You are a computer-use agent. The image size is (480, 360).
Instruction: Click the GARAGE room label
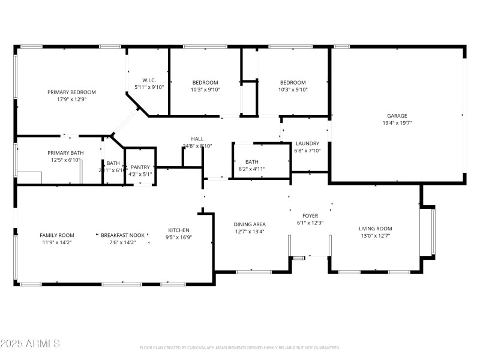[x=397, y=116]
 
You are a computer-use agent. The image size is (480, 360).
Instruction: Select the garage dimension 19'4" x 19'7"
[x=397, y=122]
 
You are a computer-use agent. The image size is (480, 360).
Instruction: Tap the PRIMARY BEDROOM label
[x=72, y=92]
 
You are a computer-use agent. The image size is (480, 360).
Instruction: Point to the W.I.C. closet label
[x=149, y=80]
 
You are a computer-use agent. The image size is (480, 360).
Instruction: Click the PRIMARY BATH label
[x=65, y=153]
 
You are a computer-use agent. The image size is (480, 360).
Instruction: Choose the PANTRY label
[x=140, y=167]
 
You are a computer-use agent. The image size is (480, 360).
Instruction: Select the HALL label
[x=197, y=139]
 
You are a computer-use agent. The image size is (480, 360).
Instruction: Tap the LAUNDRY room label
[x=307, y=143]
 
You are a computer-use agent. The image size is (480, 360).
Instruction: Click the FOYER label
[x=310, y=215]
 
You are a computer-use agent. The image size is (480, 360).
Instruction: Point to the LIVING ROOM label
[x=375, y=229]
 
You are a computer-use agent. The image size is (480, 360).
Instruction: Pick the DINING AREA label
[x=250, y=224]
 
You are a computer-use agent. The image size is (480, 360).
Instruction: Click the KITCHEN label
[x=179, y=230]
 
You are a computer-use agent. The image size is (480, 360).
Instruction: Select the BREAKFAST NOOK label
[x=122, y=235]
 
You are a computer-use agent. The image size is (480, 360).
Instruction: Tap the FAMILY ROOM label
[x=57, y=235]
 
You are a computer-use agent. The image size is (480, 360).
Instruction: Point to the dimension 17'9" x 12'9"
[x=72, y=99]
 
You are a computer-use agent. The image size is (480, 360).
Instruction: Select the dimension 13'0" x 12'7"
[x=375, y=235]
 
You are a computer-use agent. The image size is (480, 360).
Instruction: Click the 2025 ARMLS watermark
[x=30, y=344]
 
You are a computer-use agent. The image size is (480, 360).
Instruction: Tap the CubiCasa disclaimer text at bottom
[x=239, y=347]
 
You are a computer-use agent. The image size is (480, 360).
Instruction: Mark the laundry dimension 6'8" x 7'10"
[x=307, y=151]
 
